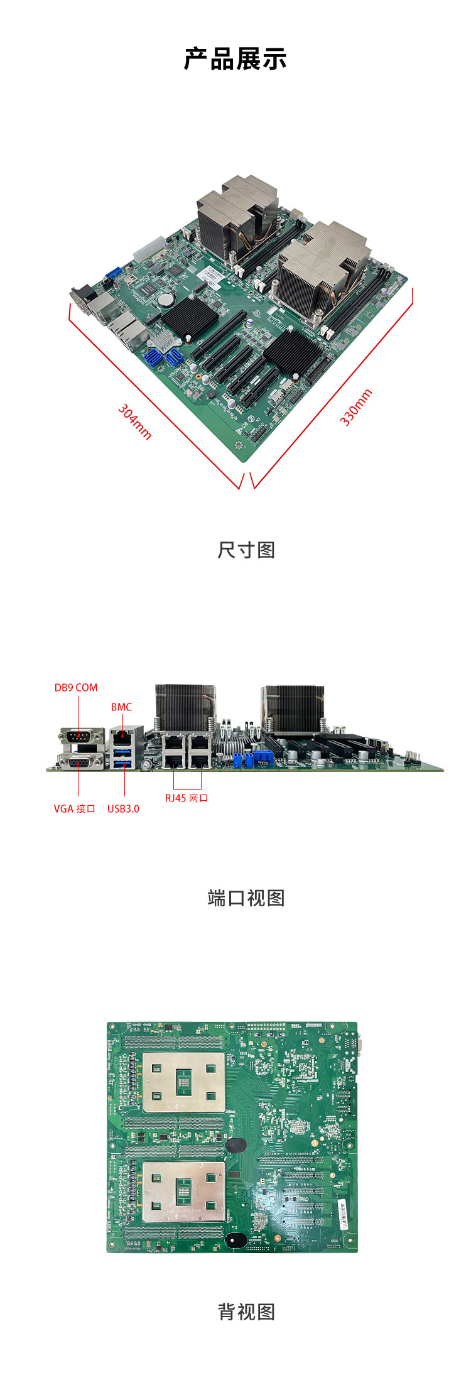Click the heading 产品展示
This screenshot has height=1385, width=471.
[235, 59]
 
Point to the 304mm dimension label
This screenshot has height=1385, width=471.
[135, 421]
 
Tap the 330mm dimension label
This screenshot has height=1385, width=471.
[356, 408]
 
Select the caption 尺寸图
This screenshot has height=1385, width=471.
[246, 550]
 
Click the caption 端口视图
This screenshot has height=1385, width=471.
[246, 898]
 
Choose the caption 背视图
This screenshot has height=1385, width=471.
[246, 1312]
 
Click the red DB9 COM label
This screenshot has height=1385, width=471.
[76, 688]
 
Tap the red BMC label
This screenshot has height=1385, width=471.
[121, 707]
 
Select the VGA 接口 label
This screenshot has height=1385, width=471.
[74, 809]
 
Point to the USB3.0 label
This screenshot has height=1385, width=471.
[123, 809]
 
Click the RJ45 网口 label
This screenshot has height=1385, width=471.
[187, 798]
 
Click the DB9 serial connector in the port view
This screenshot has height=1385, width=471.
[81, 736]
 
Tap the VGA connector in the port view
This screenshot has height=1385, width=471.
[80, 761]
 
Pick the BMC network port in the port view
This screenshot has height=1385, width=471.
[122, 734]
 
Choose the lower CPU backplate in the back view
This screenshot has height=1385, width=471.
[183, 1192]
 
